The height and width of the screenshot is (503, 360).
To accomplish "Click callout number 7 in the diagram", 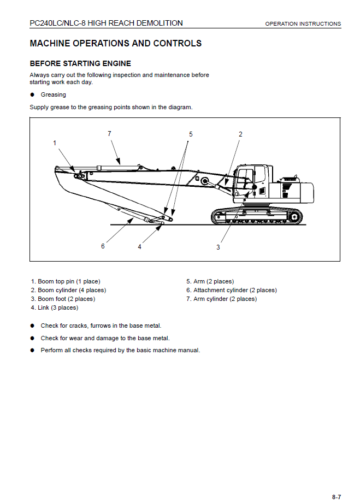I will pos(109,133).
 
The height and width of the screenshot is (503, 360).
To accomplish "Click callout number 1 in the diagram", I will pos(55,143).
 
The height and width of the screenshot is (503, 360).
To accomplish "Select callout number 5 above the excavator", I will pos(191,134).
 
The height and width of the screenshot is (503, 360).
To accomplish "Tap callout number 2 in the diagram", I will pos(240,134).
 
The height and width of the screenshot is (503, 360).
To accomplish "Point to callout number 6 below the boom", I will pos(103,246).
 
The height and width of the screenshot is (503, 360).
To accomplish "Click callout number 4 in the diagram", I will pos(139,247).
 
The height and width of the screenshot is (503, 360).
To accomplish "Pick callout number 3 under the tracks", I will pos(218,247).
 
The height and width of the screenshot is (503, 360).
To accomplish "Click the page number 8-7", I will pos(337,496).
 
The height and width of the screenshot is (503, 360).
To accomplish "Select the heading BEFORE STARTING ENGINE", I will pos(80,63).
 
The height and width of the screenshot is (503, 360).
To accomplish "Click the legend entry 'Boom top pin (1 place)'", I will pos(66,282).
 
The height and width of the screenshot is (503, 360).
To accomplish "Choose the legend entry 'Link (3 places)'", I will pos(55,308).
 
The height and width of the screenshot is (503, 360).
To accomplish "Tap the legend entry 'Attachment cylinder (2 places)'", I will pos(232,291).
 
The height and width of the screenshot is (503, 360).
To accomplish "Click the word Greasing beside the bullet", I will pos(53,95).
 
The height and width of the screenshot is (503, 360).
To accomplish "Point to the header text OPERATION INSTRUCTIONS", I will pos(303,24).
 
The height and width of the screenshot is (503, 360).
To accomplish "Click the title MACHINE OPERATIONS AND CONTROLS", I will pos(115,44).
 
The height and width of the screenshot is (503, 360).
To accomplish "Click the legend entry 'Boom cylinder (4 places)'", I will pos(68,291).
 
